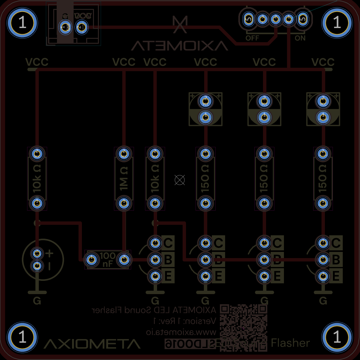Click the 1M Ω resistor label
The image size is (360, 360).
(124, 179)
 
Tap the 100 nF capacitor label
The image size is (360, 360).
(107, 260)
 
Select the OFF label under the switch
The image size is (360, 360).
(252, 38)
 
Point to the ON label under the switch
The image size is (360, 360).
(300, 38)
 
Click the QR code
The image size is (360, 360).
(243, 328)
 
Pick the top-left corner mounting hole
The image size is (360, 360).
(22, 23)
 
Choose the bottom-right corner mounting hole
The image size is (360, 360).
(337, 337)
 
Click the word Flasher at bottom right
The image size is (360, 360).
(290, 343)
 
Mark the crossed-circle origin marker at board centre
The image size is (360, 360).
(180, 180)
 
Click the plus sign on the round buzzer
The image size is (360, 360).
(50, 253)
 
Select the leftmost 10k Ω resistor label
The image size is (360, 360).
(37, 179)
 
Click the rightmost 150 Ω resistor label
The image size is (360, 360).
(323, 179)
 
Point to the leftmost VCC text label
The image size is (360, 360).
(37, 62)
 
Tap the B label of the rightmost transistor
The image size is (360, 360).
(336, 260)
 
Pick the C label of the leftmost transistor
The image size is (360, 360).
(168, 243)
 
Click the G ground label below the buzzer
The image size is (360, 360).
(37, 301)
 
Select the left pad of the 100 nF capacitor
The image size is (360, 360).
(91, 260)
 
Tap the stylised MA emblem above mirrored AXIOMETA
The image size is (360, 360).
(180, 24)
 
